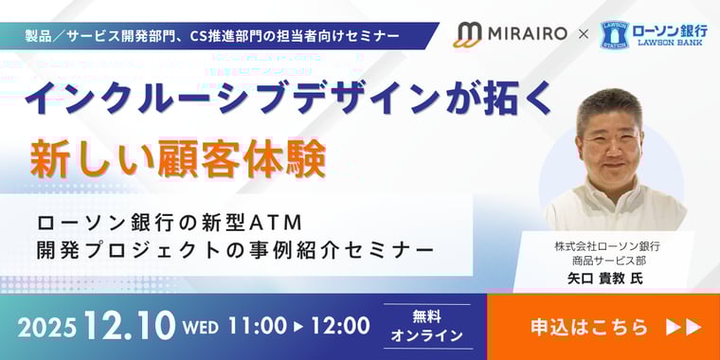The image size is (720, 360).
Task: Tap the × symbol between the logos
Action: pyautogui.click(x=583, y=36)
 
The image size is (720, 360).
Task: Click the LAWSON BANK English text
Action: pyautogui.click(x=675, y=45)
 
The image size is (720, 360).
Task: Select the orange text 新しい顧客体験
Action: pyautogui.click(x=178, y=158)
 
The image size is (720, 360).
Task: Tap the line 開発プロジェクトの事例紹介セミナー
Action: pyautogui.click(x=235, y=251)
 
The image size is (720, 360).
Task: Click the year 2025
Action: pyautogui.click(x=46, y=327)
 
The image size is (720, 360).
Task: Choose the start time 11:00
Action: pyautogui.click(x=257, y=326)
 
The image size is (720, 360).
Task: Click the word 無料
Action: pyautogui.click(x=426, y=316)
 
